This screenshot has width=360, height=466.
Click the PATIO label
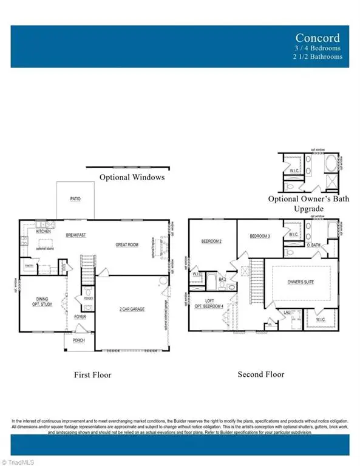click(75, 198)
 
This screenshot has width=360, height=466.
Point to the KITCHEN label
click(43, 232)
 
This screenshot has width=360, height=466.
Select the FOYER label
click(80, 316)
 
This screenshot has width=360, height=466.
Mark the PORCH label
click(80, 340)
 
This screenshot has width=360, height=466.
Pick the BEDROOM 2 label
click(211, 241)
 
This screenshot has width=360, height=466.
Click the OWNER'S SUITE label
click(301, 282)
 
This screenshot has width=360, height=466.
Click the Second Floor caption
click(261, 375)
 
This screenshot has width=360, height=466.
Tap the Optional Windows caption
click(132, 177)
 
